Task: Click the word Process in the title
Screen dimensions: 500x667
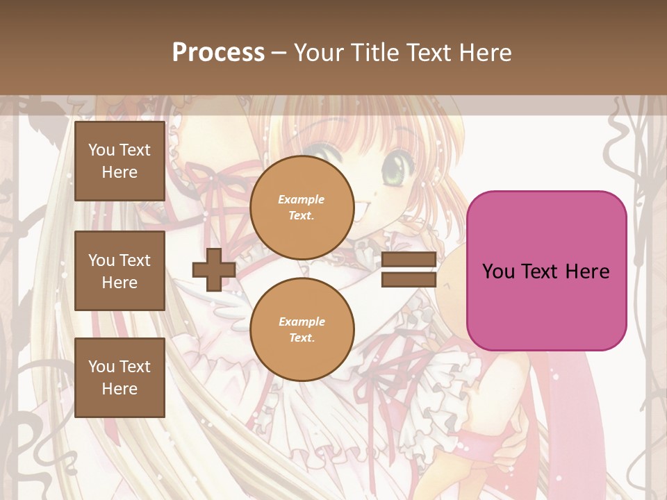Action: click(218, 53)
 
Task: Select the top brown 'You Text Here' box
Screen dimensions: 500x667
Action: click(120, 161)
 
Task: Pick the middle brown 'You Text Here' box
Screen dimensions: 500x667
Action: click(120, 271)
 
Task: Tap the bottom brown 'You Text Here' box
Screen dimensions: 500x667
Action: click(120, 377)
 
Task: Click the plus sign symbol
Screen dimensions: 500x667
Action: click(213, 269)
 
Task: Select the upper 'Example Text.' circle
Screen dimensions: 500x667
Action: click(302, 208)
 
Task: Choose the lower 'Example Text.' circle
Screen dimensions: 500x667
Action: click(302, 330)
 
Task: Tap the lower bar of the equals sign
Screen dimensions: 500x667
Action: click(409, 279)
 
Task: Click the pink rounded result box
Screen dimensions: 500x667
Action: click(546, 271)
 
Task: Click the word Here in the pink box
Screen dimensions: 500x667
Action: click(587, 272)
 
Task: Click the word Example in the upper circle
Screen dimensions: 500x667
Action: click(302, 199)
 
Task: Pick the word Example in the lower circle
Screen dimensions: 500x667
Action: click(302, 322)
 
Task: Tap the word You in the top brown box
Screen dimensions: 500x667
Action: click(101, 150)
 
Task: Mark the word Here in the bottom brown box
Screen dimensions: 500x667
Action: click(120, 389)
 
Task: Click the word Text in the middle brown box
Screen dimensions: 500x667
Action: click(135, 260)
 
